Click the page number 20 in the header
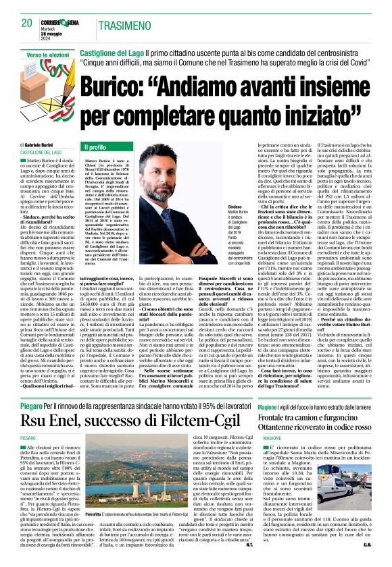click(x=26, y=23)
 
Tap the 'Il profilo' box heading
click(x=95, y=146)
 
